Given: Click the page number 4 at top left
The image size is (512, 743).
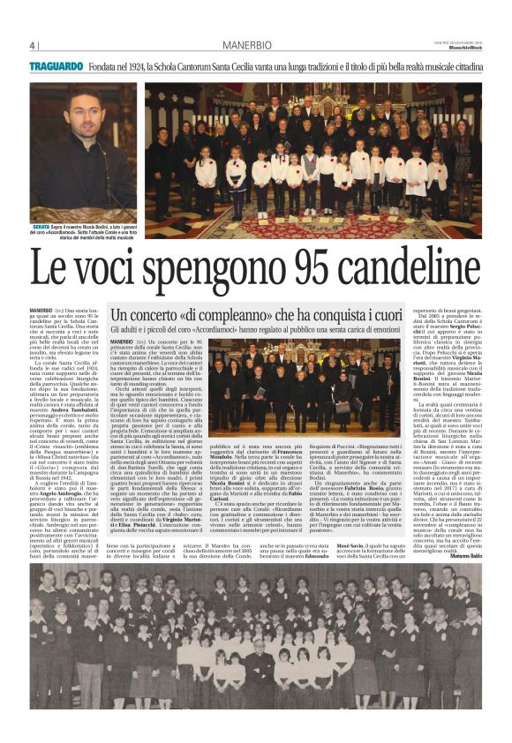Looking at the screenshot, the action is click(32, 47).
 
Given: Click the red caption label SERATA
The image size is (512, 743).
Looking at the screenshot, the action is click(42, 227).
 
